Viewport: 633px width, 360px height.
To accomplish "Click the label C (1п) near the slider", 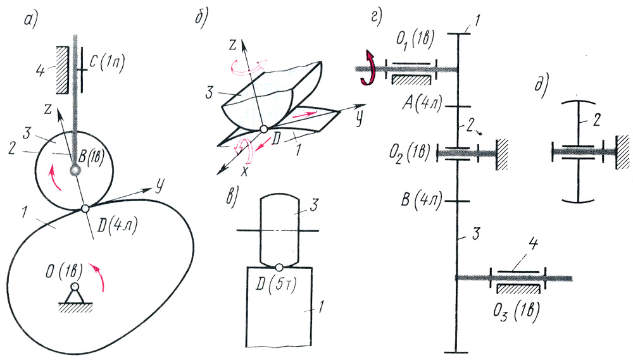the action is [x=107, y=63].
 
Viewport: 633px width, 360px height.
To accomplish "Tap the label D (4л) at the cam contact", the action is [x=117, y=226].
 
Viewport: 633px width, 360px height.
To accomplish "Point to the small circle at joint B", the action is [x=75, y=171].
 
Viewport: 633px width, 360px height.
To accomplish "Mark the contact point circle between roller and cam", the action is [x=85, y=208].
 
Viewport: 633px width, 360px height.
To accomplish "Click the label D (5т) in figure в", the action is [x=276, y=285].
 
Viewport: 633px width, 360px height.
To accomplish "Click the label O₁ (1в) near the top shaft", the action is [x=415, y=40].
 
